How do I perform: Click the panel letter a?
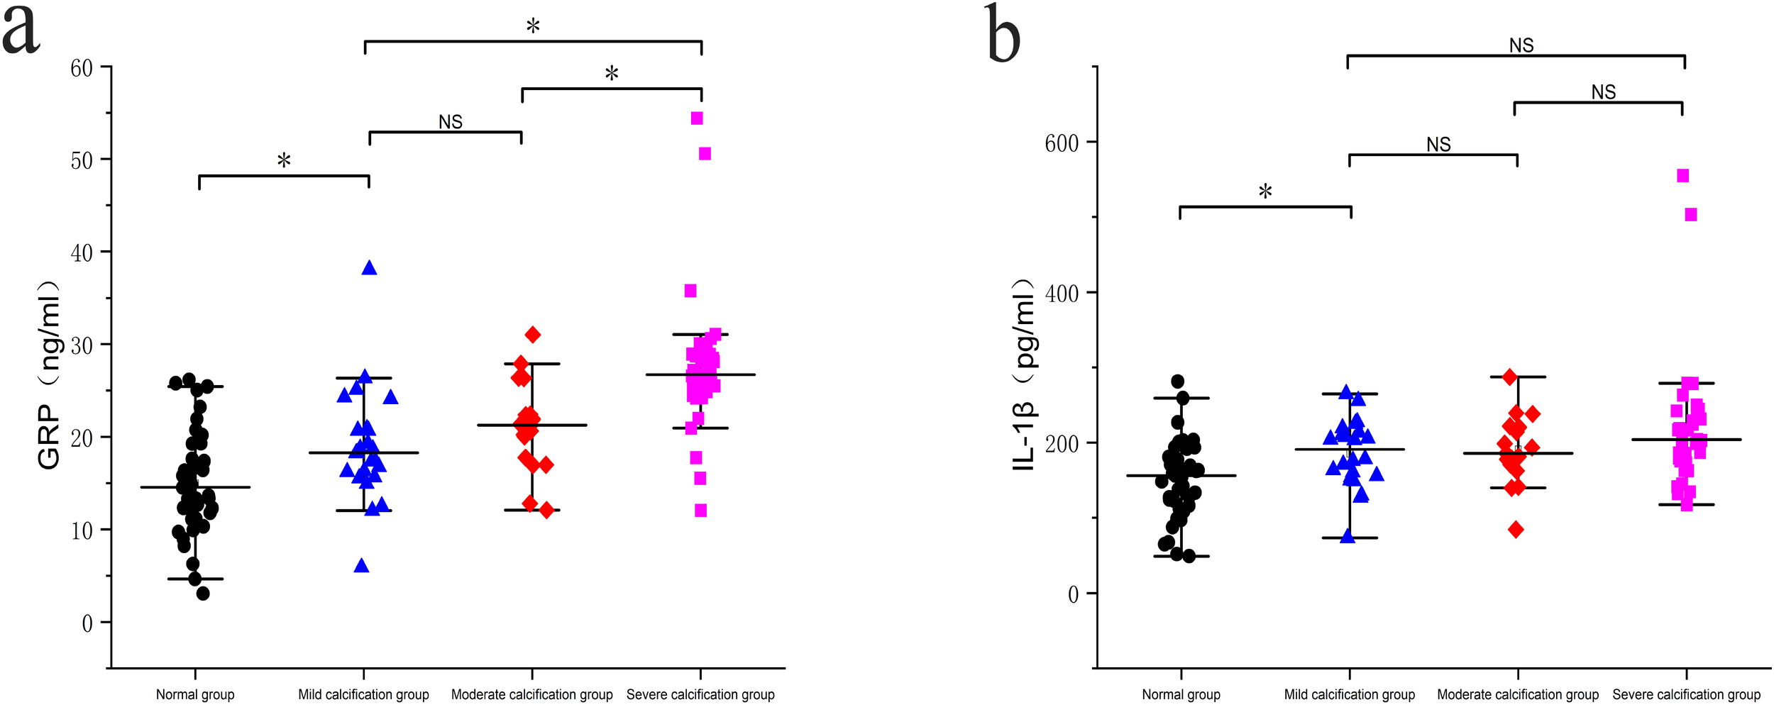[21, 32]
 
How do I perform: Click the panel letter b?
[1003, 34]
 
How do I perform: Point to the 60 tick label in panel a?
[82, 68]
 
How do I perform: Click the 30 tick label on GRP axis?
[82, 345]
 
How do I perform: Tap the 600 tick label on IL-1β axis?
[1062, 143]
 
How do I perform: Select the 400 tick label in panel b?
[1062, 293]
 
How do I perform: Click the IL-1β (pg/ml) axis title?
[1024, 376]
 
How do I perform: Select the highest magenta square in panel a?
[697, 118]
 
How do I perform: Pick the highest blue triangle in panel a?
[369, 268]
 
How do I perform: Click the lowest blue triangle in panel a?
[361, 566]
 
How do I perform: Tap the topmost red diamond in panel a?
[533, 335]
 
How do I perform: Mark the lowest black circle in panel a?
[203, 594]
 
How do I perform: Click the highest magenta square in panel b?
[1682, 176]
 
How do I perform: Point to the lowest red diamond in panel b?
[1516, 530]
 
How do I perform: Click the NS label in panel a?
[450, 123]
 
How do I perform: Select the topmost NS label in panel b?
[1521, 46]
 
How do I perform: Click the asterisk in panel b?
[1265, 191]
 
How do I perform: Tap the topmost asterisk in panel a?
[533, 27]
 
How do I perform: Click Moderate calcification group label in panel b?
[1518, 695]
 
